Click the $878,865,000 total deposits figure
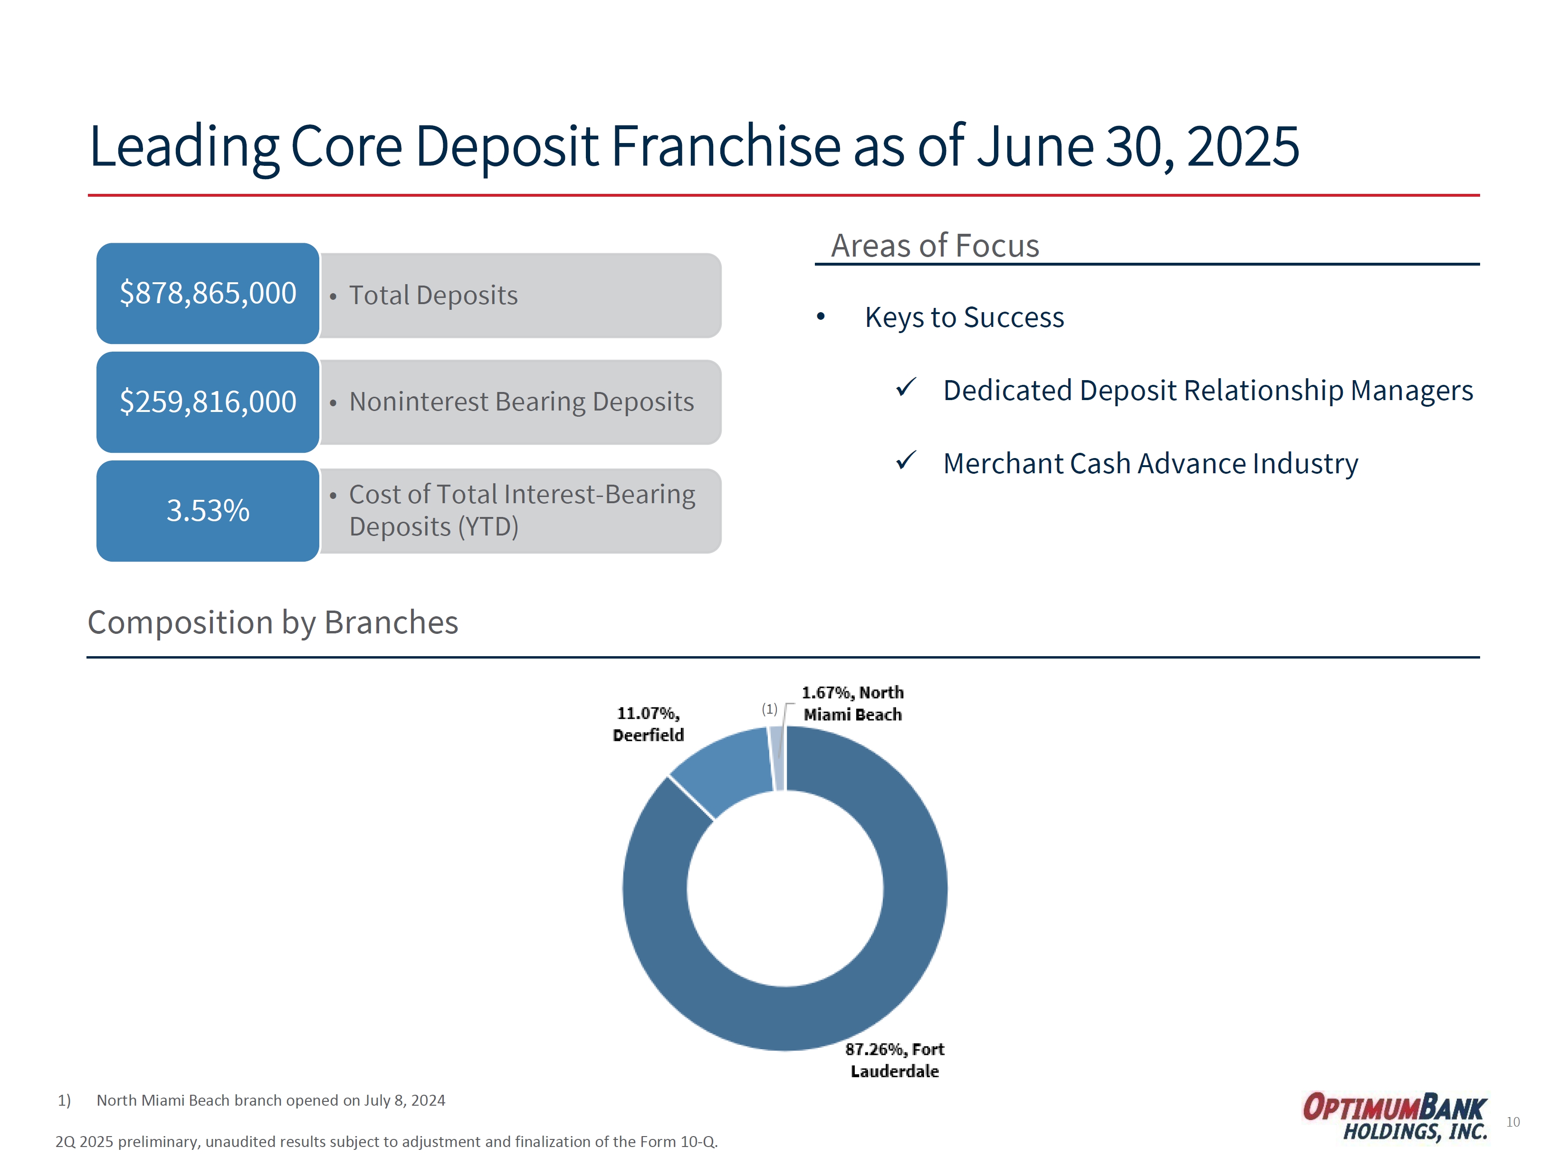208,293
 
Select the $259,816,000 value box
208,402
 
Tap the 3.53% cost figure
208,510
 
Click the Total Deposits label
433,295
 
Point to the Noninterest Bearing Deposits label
522,402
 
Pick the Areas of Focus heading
935,245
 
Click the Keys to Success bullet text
964,317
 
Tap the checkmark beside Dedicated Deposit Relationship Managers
906,387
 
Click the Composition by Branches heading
273,622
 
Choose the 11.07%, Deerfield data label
648,724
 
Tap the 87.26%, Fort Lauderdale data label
895,1060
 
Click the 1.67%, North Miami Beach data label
853,703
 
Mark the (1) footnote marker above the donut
769,709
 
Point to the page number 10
1513,1122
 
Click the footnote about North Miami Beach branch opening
252,1100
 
